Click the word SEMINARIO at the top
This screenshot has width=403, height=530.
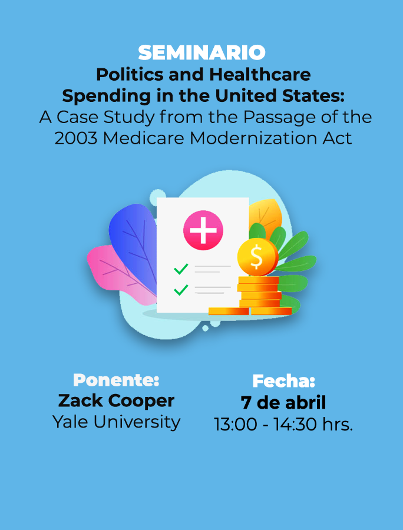201,53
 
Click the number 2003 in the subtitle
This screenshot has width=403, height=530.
76,138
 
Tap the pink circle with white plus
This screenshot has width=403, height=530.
203,230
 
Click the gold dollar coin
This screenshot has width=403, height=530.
257,257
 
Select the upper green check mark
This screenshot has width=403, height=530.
181,269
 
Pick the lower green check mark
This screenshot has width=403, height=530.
181,290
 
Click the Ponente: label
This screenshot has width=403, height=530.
116,380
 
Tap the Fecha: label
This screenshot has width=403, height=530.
283,381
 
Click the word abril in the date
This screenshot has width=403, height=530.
305,402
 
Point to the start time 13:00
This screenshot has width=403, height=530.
235,425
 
